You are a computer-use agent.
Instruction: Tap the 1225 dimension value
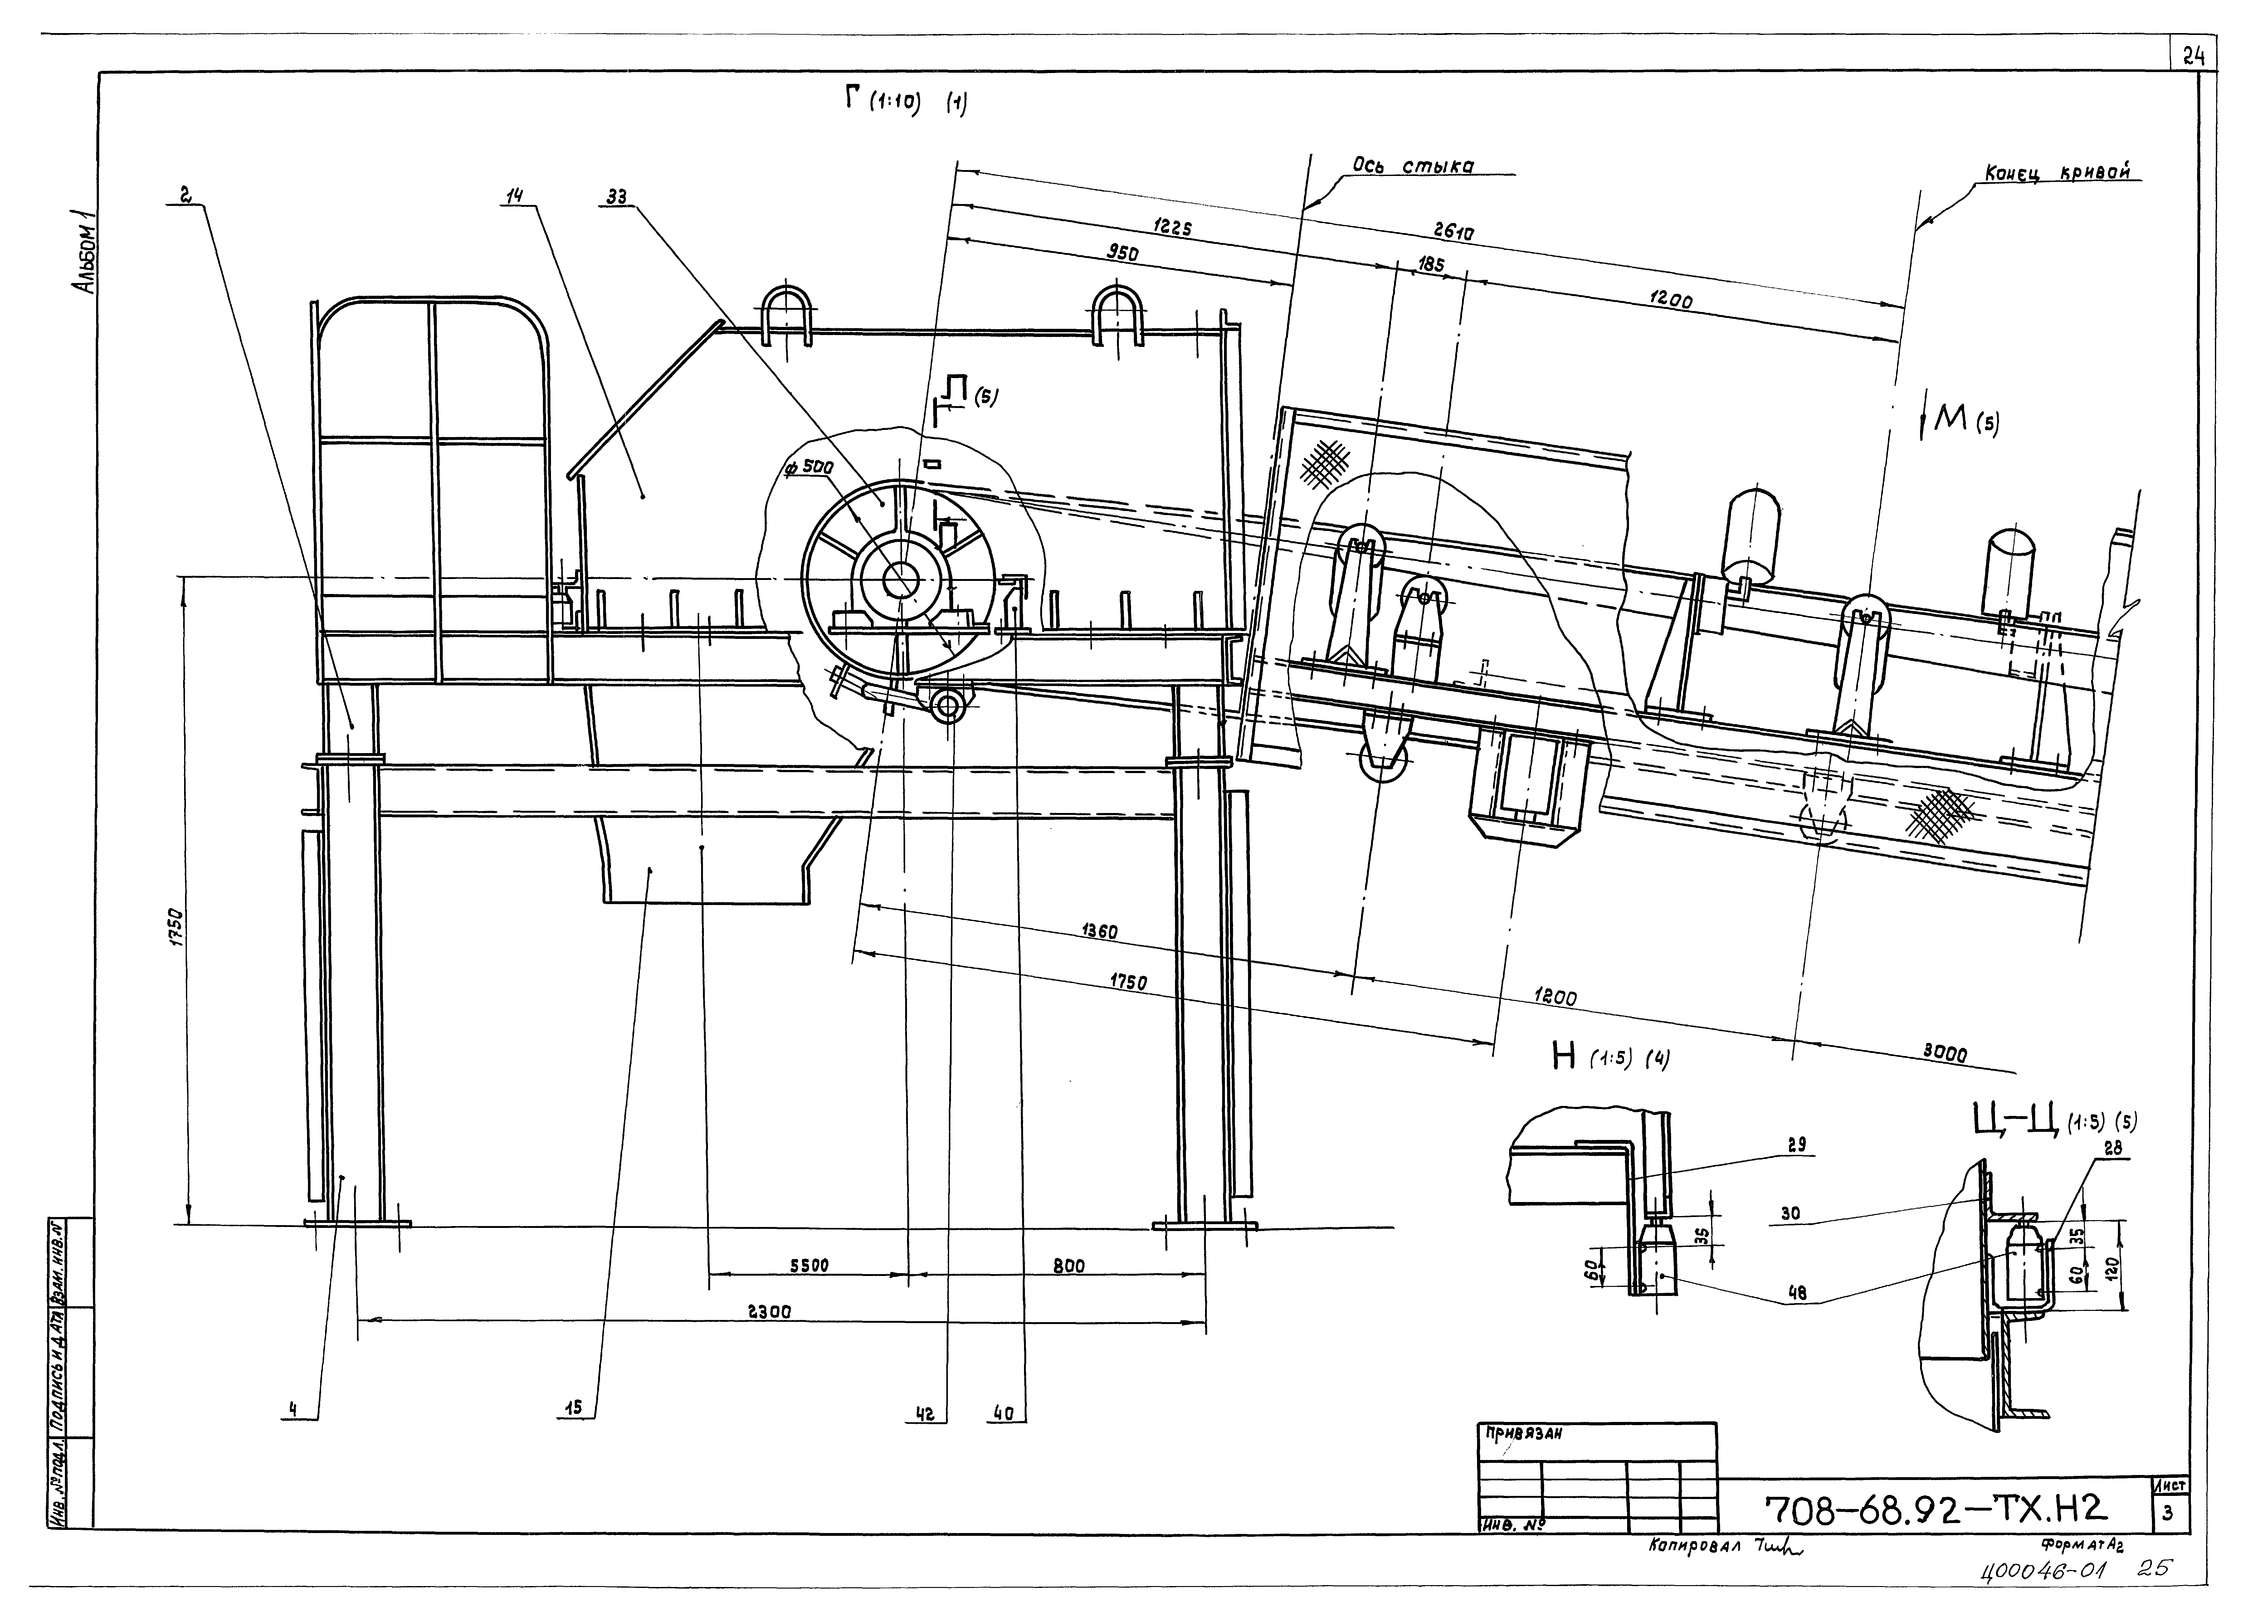pyautogui.click(x=1172, y=227)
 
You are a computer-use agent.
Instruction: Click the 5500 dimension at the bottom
pyautogui.click(x=809, y=1265)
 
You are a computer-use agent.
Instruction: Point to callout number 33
pyautogui.click(x=617, y=196)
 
